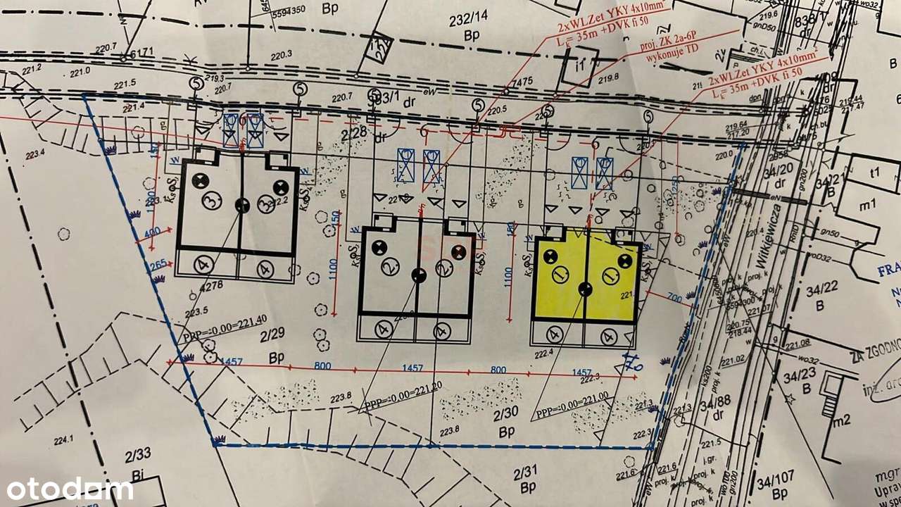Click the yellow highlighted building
586,278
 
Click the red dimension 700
674,299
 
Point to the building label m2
841,420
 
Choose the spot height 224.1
63,441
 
